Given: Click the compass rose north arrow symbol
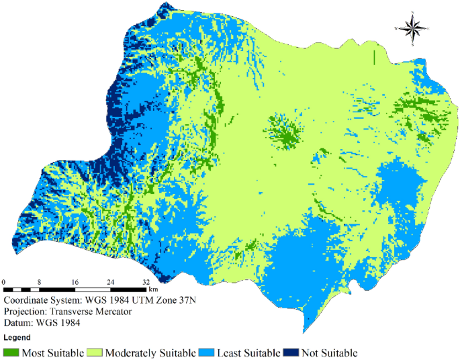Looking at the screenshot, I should [415, 28].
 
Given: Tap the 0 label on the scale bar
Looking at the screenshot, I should [4, 282].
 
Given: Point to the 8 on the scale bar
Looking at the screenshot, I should [40, 282].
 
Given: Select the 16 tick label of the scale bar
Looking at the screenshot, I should [75, 282].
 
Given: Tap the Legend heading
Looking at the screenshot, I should [17, 337].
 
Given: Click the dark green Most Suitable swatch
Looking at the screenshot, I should [11, 352].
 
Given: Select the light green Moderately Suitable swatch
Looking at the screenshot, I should [97, 352].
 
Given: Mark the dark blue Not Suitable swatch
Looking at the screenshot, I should [291, 352].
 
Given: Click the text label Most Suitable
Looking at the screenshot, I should [53, 353].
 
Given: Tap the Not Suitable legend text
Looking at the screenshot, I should [329, 353].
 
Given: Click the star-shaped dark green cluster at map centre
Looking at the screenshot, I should [285, 130].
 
